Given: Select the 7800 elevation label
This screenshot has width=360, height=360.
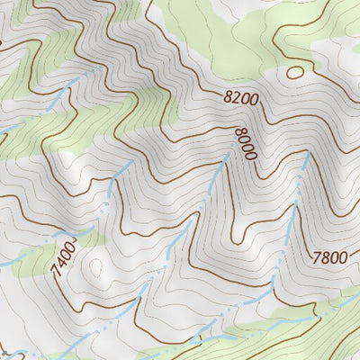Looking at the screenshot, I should point(329,257).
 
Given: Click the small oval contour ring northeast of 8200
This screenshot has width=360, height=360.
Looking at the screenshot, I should point(294,72).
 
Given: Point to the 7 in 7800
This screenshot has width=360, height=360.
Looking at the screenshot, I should point(317,257).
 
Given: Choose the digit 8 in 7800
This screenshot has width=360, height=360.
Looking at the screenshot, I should point(325,257).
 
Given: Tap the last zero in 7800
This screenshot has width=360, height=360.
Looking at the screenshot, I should point(343,257).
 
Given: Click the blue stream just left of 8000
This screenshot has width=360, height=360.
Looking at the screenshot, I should point(216,180).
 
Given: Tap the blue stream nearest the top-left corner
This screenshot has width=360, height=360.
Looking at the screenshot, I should point(54,103).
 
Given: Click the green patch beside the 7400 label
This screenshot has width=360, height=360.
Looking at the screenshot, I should point(36,261).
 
